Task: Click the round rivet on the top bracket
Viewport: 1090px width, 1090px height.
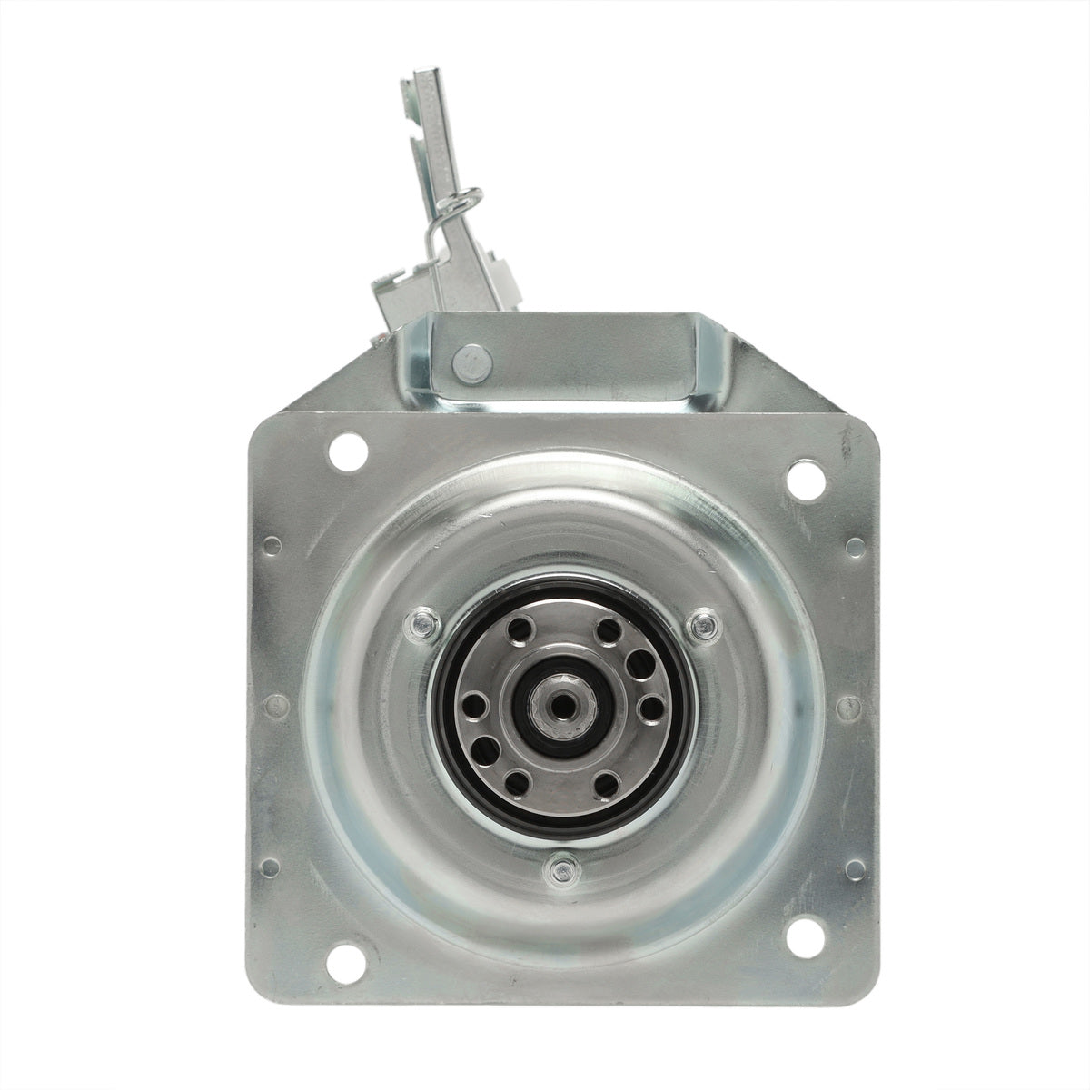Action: (471, 361)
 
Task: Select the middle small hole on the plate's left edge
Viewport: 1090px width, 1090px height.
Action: (269, 703)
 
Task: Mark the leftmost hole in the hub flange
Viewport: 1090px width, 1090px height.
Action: (473, 704)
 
